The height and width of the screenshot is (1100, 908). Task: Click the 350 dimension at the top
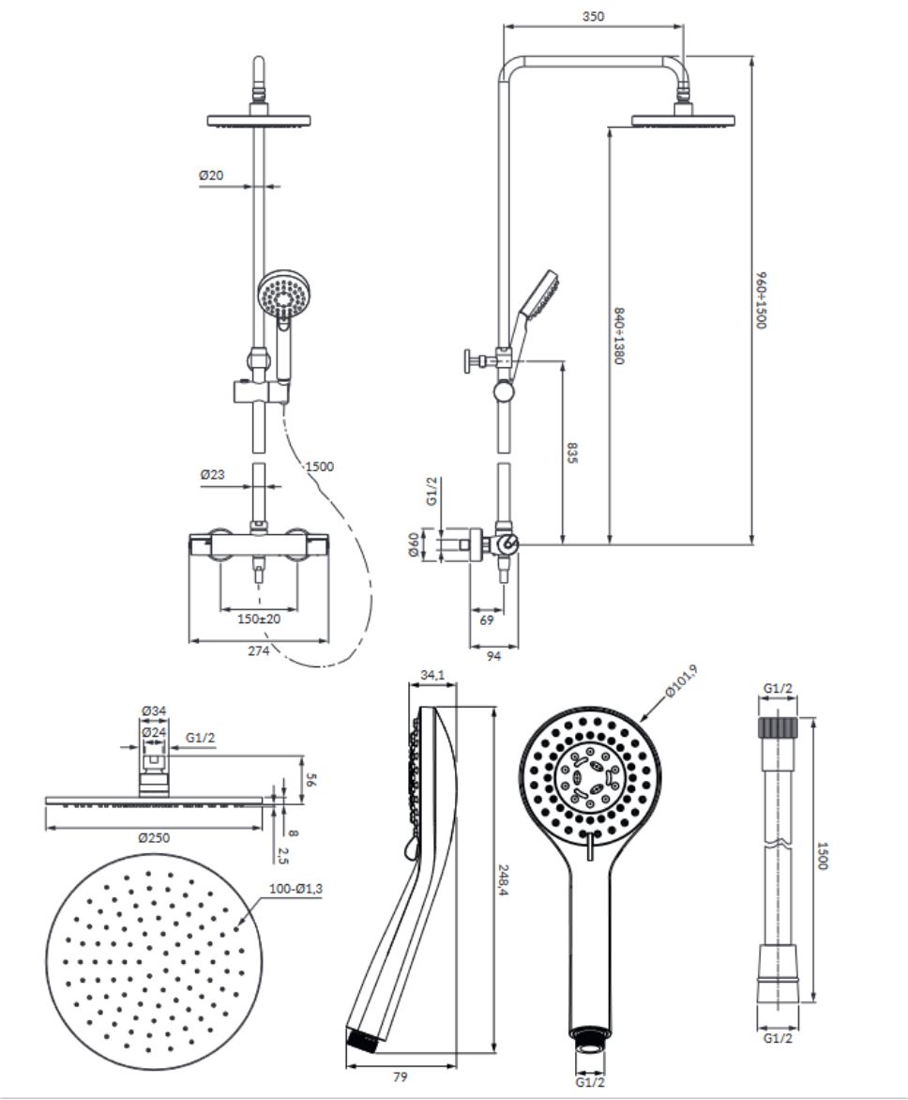[593, 16]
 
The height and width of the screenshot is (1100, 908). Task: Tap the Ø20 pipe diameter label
[211, 176]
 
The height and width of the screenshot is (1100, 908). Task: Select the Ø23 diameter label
[212, 474]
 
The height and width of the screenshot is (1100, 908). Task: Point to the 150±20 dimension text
[259, 619]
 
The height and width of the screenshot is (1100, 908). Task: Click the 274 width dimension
[258, 650]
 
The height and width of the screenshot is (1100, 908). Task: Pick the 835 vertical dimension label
[571, 452]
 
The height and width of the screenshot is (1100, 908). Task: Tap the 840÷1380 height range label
[619, 335]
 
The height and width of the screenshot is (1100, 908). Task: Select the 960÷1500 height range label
[763, 300]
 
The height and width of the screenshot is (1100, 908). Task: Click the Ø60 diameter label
[414, 544]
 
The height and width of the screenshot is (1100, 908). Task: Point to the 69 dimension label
[487, 619]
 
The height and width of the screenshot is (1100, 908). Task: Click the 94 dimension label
[493, 656]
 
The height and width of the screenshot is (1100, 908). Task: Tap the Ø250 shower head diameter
[154, 837]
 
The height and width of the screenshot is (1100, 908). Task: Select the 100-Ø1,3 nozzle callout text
[295, 888]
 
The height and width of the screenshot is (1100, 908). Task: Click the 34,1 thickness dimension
[432, 675]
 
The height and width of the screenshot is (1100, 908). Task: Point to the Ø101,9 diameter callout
[682, 681]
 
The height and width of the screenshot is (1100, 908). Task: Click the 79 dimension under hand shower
[401, 1077]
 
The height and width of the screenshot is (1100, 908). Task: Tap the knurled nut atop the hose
[778, 726]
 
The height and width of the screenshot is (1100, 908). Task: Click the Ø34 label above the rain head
[154, 710]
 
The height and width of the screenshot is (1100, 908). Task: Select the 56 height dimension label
[311, 779]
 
